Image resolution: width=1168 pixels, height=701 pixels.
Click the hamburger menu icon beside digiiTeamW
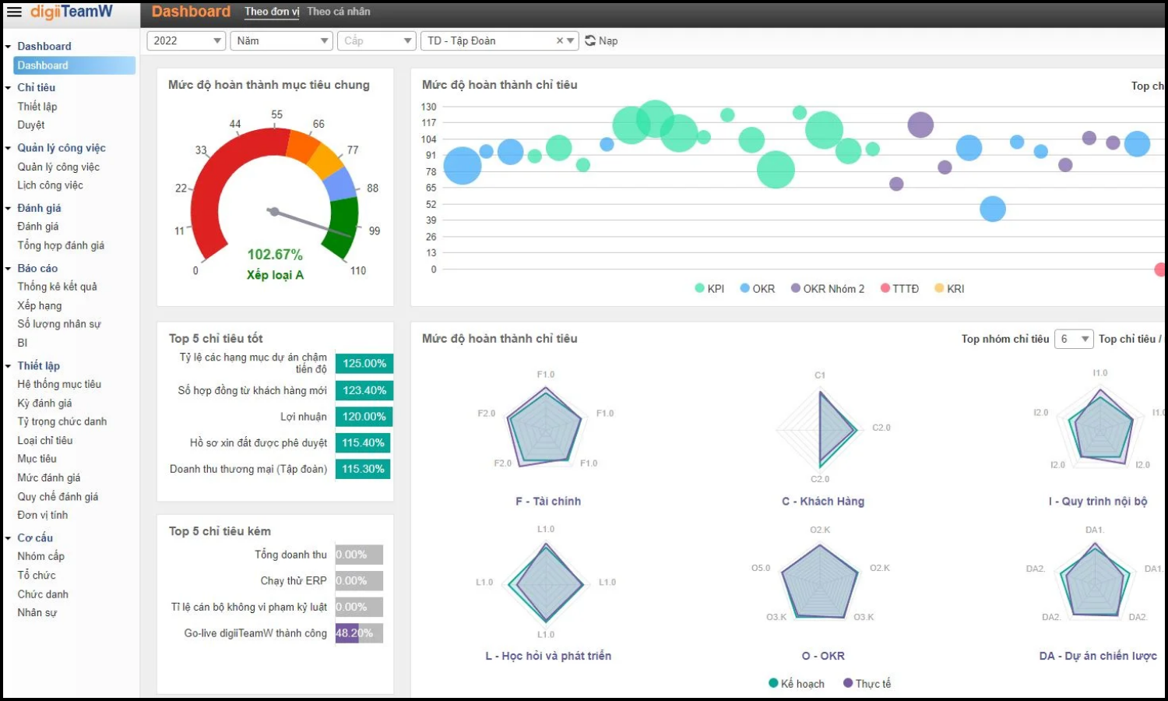pyautogui.click(x=14, y=12)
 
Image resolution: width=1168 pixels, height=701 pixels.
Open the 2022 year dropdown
pyautogui.click(x=185, y=41)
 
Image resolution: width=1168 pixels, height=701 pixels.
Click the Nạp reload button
pyautogui.click(x=601, y=41)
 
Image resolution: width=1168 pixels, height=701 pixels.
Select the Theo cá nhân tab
pyautogui.click(x=339, y=12)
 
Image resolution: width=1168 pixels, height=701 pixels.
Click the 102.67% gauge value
pyautogui.click(x=275, y=255)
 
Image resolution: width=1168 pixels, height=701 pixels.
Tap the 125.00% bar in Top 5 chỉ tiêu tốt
pyautogui.click(x=364, y=364)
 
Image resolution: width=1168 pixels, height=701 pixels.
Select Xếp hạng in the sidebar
pyautogui.click(x=40, y=305)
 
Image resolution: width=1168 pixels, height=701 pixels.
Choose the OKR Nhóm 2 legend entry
pyautogui.click(x=828, y=288)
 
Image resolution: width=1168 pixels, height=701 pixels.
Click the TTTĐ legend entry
pyautogui.click(x=900, y=288)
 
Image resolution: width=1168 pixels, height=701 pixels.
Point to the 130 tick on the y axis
pyautogui.click(x=429, y=107)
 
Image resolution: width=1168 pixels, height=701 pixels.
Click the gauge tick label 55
pyautogui.click(x=277, y=114)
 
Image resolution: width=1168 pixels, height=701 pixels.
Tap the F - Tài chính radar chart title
pyautogui.click(x=548, y=502)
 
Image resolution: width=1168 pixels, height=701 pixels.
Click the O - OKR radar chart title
pyautogui.click(x=823, y=656)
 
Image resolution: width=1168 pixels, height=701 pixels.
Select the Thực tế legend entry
pyautogui.click(x=867, y=683)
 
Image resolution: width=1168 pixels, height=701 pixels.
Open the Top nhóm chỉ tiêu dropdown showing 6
pyautogui.click(x=1074, y=339)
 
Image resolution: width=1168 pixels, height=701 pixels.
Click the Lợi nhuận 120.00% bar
pyautogui.click(x=364, y=417)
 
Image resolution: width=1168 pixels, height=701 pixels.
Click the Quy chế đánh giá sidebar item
pyautogui.click(x=58, y=497)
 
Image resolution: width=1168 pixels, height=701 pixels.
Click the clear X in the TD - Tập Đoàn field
pyautogui.click(x=559, y=41)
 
